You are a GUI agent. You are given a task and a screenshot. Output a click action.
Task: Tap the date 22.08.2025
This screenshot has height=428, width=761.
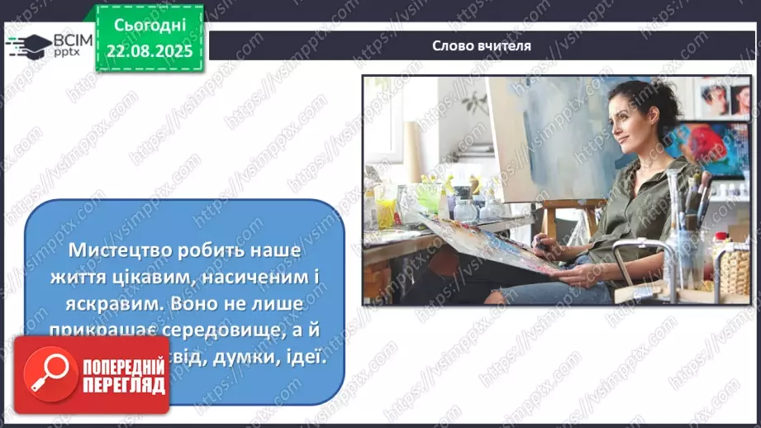coord(149,51)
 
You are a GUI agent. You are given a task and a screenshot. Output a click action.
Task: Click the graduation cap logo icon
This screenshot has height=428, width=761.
coord(28,44)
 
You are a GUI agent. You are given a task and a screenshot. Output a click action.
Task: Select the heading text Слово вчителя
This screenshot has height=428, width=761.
coord(482,46)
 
